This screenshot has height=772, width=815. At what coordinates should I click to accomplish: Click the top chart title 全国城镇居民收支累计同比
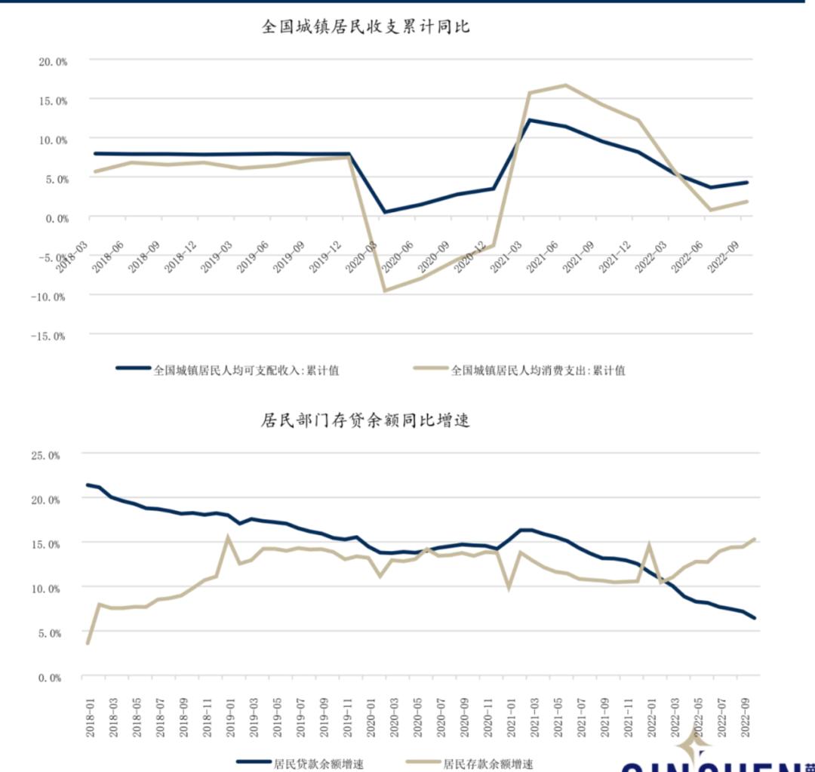pos(366,26)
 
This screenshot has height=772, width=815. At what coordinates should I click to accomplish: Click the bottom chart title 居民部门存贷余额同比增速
pos(366,420)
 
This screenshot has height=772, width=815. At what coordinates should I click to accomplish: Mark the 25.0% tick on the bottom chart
pos(45,455)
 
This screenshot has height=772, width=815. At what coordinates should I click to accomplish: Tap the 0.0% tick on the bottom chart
pos(47,678)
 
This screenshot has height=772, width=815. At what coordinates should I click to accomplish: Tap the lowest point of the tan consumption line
pos(385,291)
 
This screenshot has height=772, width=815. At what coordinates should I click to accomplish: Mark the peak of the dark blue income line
pos(530,120)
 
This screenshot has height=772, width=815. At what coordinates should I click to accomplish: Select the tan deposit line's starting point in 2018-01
pos(88,643)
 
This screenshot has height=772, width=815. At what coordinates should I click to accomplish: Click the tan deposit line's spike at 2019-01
pos(228,538)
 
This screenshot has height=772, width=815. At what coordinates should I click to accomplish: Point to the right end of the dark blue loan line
pos(754,618)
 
